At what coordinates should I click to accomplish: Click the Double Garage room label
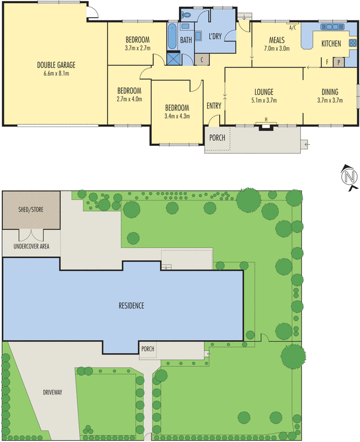pyautogui.click(x=56, y=65)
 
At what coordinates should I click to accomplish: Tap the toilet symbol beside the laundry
pyautogui.click(x=186, y=15)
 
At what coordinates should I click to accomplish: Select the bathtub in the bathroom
pyautogui.click(x=172, y=37)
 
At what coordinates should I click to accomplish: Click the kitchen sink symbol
pyautogui.click(x=332, y=27)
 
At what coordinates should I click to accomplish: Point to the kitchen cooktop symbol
pyautogui.click(x=352, y=43)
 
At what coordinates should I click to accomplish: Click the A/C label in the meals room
pyautogui.click(x=293, y=28)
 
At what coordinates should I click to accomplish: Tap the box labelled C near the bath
pyautogui.click(x=202, y=60)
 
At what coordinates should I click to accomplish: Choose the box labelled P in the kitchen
pyautogui.click(x=338, y=62)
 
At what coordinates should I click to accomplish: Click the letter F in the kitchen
pyautogui.click(x=327, y=62)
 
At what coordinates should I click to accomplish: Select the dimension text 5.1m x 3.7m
pyautogui.click(x=264, y=100)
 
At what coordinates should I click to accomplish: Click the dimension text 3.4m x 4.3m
pyautogui.click(x=177, y=116)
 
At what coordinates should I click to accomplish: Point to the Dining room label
pyautogui.click(x=330, y=92)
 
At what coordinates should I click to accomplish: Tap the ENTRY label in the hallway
pyautogui.click(x=214, y=106)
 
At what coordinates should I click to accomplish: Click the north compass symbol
pyautogui.click(x=350, y=177)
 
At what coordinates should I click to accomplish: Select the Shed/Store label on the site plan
pyautogui.click(x=31, y=209)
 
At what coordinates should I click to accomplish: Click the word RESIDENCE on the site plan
pyautogui.click(x=131, y=306)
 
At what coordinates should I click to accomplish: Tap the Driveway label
pyautogui.click(x=52, y=392)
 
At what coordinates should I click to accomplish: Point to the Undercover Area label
pyautogui.click(x=31, y=246)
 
